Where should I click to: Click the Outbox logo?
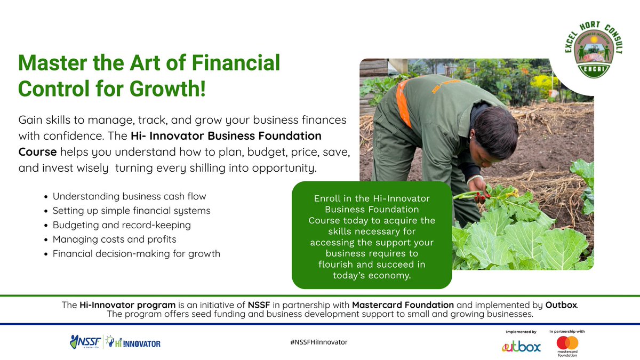coord(521,347)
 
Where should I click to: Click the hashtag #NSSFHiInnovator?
coord(319,342)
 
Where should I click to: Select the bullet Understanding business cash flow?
coord(129,196)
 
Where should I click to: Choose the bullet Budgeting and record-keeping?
coord(122,225)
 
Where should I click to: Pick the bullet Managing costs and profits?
coord(114,239)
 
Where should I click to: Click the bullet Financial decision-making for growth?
coord(136,254)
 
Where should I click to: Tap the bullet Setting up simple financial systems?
coord(131,211)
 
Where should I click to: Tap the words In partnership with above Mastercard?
coord(566,331)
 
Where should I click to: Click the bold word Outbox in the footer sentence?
coord(561,306)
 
